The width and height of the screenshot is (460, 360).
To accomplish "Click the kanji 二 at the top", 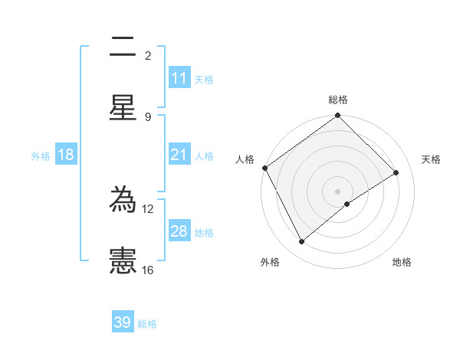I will [123, 47].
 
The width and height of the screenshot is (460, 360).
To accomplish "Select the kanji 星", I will [123, 107].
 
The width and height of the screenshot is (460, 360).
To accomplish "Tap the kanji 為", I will [123, 201].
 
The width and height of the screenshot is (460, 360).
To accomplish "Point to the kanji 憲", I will [123, 260].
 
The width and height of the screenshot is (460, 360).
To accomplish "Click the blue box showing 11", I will [179, 78].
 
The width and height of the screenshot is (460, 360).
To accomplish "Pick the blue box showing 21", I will [179, 155].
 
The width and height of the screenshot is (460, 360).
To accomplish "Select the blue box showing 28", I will [179, 231].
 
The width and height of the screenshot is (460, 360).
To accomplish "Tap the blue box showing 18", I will [66, 155].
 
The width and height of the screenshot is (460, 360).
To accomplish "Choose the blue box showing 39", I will [123, 322].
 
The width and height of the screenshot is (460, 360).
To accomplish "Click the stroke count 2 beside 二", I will [148, 56].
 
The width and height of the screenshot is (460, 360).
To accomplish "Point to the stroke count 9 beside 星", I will [148, 116].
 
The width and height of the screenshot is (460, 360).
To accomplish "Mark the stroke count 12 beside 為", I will [148, 208].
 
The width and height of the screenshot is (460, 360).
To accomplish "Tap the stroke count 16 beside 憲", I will [148, 270].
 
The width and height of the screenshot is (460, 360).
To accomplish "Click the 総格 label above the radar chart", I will [338, 100].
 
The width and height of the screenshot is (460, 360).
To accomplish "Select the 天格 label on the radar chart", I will [431, 159].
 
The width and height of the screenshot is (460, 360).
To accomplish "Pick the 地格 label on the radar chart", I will [402, 263].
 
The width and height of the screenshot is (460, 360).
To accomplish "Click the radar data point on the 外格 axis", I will [302, 242].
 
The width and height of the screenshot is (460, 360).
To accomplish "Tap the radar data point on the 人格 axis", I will [264, 168].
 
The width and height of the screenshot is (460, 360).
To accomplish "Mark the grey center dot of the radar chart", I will [338, 191].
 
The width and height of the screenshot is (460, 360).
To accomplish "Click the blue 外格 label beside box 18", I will [41, 155].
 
